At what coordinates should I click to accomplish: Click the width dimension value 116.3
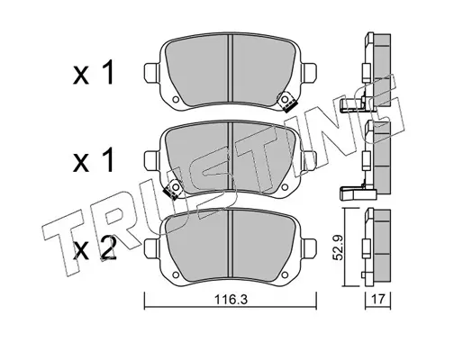tap(231, 299)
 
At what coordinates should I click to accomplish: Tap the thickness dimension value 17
tap(378, 299)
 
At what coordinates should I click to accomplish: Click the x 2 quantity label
tap(94, 248)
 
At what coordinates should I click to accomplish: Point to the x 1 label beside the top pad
tap(94, 72)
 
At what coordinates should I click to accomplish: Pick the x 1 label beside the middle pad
tap(94, 159)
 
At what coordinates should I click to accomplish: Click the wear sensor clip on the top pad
tap(286, 103)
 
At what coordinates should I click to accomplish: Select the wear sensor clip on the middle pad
tap(173, 190)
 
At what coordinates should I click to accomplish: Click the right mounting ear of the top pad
tap(309, 74)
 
